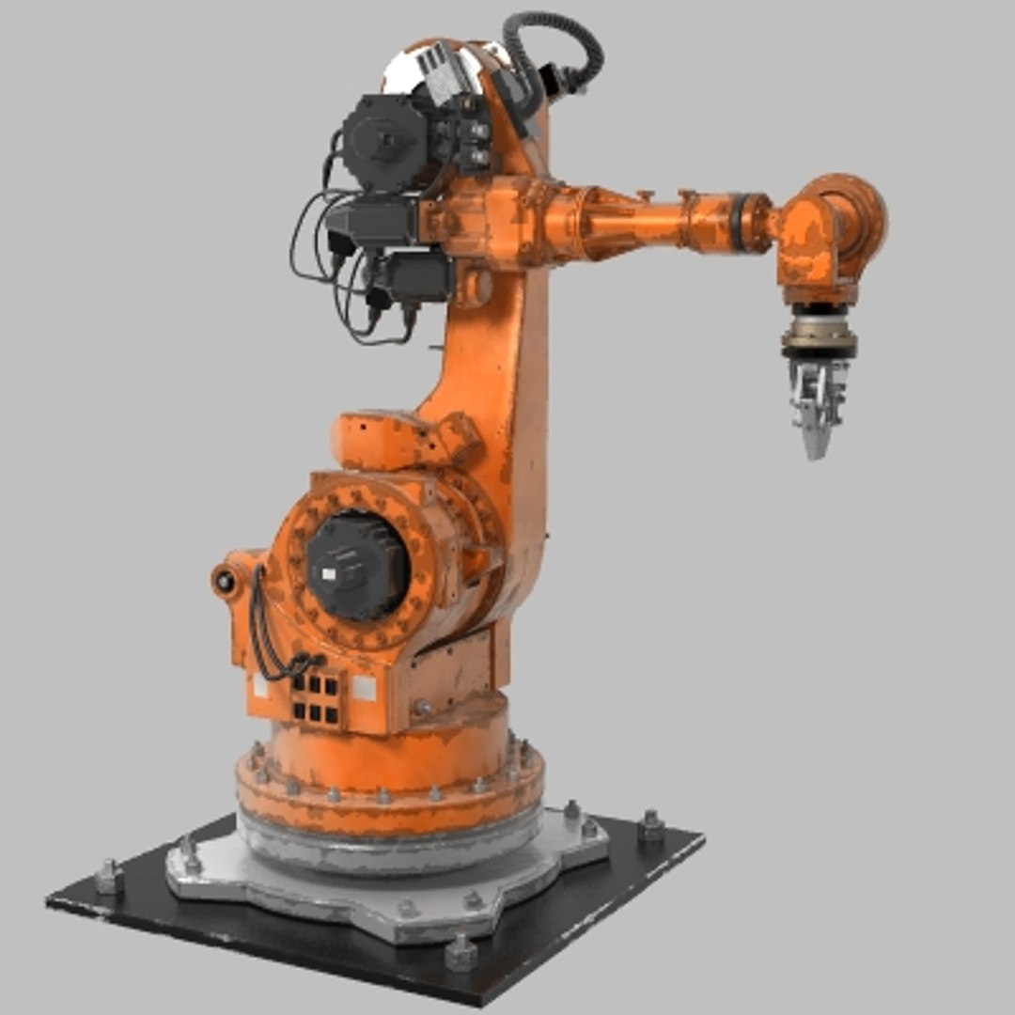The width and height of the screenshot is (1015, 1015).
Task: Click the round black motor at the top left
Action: click(x=380, y=141)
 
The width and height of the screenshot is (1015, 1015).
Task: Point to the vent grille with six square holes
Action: click(x=315, y=695)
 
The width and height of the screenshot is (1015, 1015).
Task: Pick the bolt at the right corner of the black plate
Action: click(x=650, y=826)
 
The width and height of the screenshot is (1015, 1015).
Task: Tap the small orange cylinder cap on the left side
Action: click(x=226, y=580)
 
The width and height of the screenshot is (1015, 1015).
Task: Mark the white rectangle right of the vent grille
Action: click(x=363, y=689)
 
